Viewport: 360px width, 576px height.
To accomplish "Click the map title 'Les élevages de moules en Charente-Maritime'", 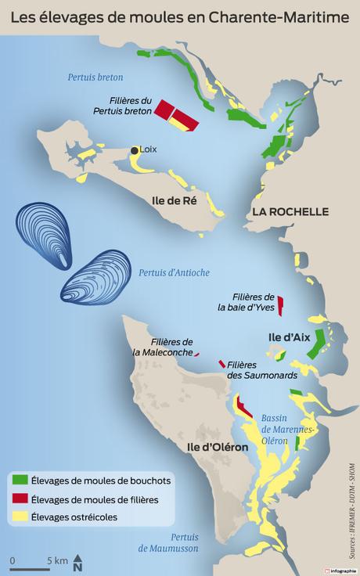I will click(x=180, y=15).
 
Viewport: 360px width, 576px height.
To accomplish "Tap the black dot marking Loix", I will click(x=135, y=150).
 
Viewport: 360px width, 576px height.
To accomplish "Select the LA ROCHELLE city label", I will click(x=290, y=212).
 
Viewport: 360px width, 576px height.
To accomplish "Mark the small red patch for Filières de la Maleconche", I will click(x=196, y=355).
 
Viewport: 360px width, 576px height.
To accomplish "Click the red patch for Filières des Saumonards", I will click(x=222, y=364).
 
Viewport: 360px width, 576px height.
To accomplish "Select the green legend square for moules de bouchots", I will click(x=20, y=480).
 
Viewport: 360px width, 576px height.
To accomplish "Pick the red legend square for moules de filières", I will click(x=20, y=499).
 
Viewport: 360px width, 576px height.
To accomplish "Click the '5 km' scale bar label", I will click(x=56, y=560).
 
